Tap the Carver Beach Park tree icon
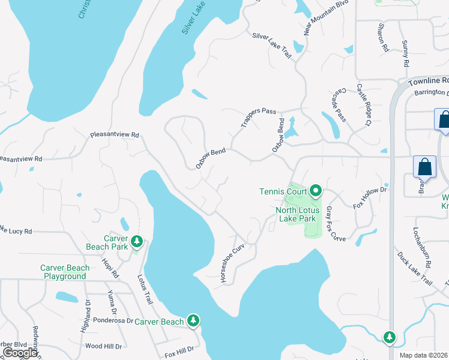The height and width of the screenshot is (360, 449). [137, 241]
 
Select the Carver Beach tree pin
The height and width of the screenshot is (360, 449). [193, 322]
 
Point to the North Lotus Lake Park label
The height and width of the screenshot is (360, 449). [295, 214]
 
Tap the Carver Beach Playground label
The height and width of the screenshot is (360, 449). [65, 272]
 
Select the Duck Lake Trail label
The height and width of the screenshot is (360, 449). [414, 268]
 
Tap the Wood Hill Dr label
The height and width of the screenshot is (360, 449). [103, 346]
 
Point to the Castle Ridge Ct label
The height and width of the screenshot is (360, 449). [364, 106]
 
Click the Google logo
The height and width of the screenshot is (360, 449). [20, 353]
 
